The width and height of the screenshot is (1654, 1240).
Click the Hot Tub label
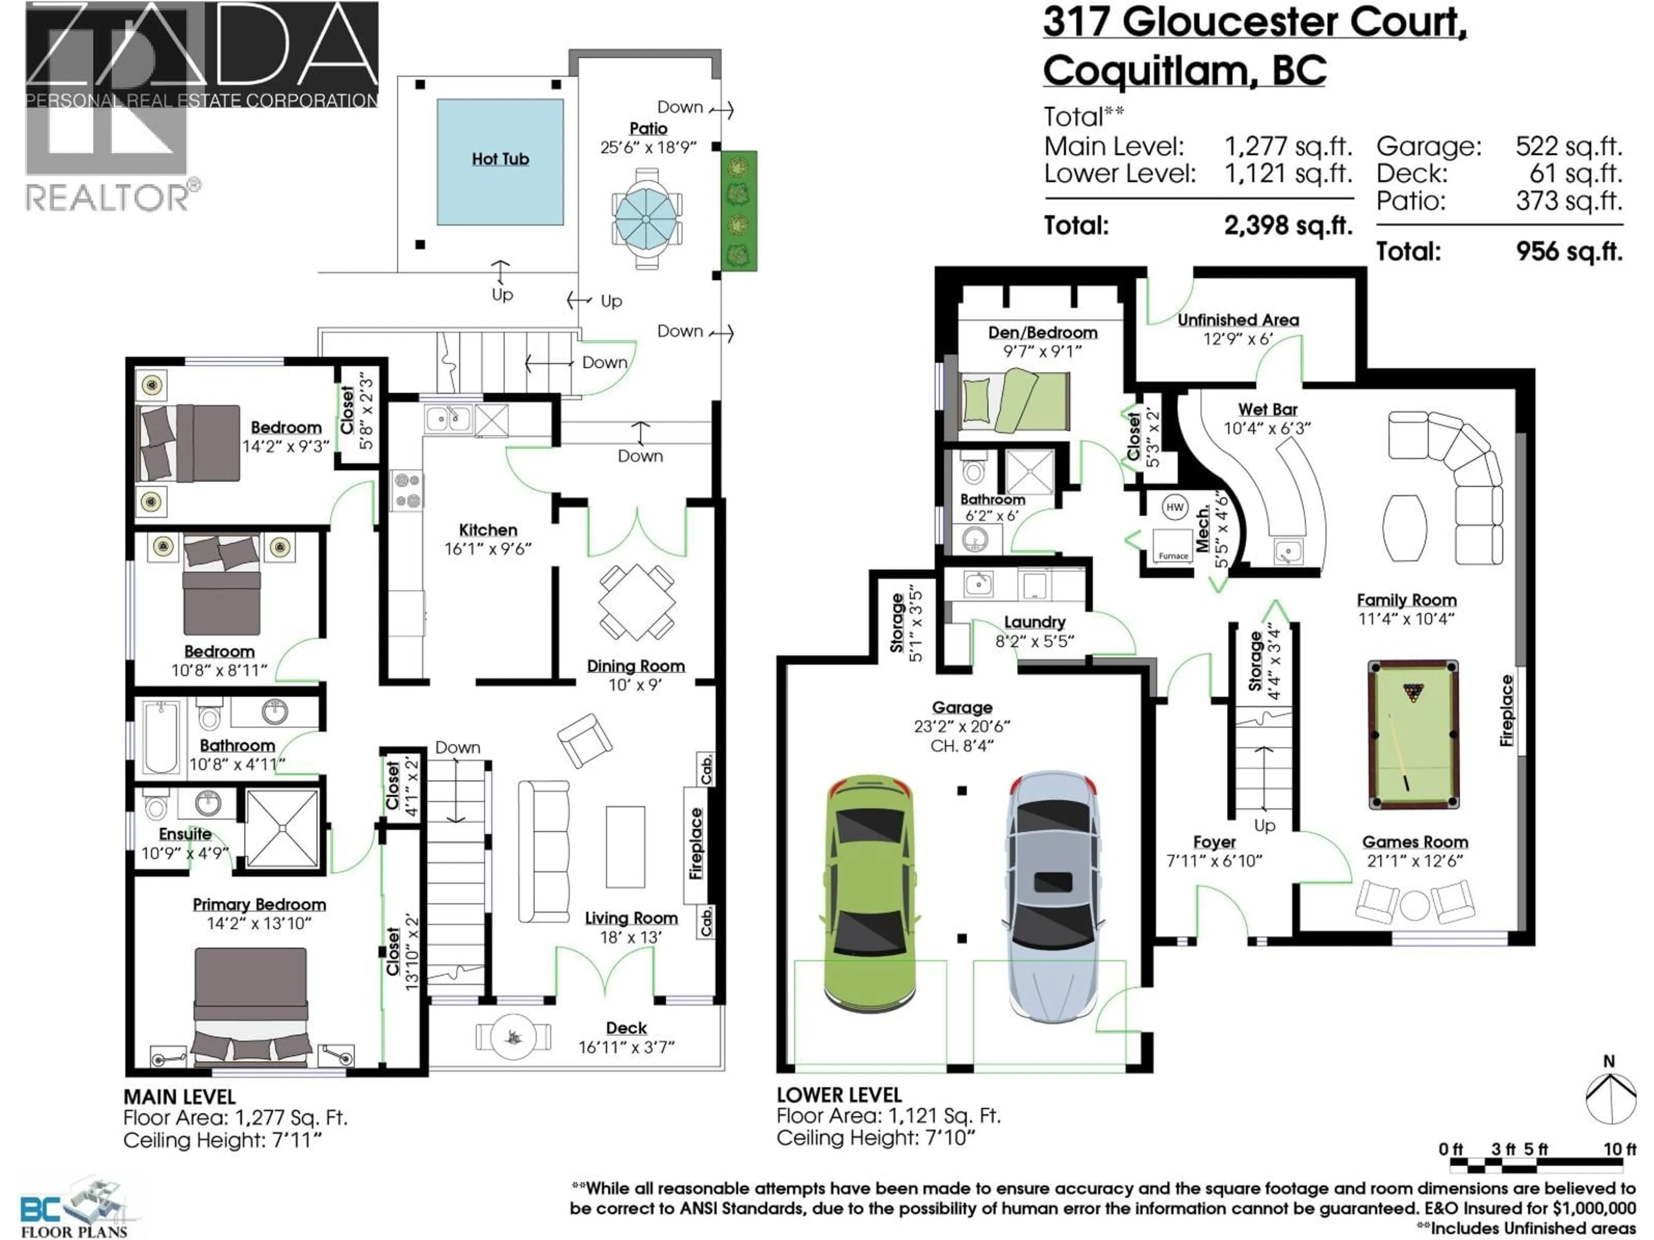[500, 159]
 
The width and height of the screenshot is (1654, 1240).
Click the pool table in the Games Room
[1412, 734]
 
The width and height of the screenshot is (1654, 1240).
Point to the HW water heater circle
[1175, 507]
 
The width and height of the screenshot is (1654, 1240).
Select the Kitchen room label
[488, 530]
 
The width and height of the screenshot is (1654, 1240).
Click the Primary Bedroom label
[259, 905]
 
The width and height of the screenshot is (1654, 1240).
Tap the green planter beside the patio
[739, 211]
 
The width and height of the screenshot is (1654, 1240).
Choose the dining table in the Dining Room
[636, 602]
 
